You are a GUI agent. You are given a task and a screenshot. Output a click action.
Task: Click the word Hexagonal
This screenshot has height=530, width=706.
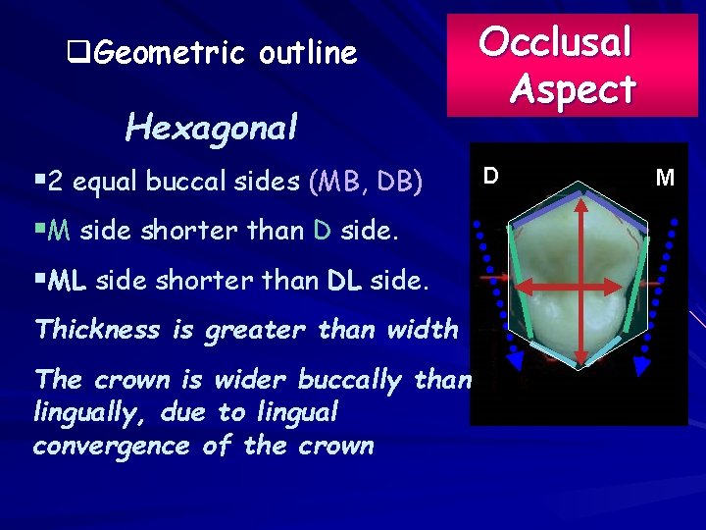(x=211, y=127)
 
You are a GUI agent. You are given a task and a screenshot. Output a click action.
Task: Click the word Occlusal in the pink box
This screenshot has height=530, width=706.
(x=555, y=41)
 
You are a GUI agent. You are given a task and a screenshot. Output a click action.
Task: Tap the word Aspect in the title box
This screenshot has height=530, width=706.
(x=573, y=89)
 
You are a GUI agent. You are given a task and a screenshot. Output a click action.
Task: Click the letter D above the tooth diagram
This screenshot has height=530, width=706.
(x=490, y=176)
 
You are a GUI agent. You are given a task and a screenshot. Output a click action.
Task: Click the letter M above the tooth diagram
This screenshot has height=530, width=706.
(x=665, y=178)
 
